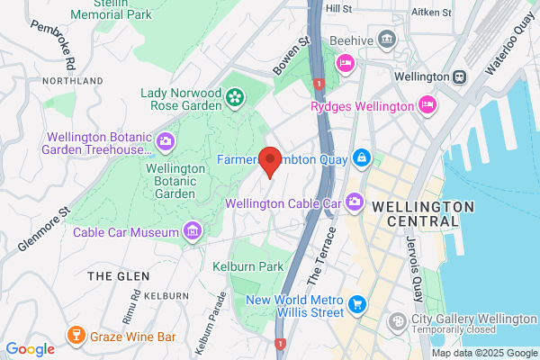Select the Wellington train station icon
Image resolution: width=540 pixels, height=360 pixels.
pyautogui.click(x=460, y=77)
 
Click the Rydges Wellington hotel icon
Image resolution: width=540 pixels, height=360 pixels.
pyautogui.click(x=429, y=105)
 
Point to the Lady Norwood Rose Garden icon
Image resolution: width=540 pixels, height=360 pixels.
pyautogui.click(x=235, y=95)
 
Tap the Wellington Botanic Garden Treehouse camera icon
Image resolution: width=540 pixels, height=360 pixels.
pyautogui.click(x=166, y=141)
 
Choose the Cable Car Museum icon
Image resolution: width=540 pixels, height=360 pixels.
pyautogui.click(x=191, y=232)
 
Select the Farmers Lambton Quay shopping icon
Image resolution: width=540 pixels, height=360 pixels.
pyautogui.click(x=361, y=158)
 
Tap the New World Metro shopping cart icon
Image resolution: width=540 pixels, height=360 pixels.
pyautogui.click(x=357, y=304)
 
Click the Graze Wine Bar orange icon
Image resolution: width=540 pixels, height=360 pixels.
pyautogui.click(x=76, y=337)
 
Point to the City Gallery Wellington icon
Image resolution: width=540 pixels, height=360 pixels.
pyautogui.click(x=397, y=321)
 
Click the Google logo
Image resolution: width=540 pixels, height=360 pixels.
pyautogui.click(x=31, y=348)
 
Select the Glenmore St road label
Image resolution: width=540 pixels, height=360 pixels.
pyautogui.click(x=42, y=229)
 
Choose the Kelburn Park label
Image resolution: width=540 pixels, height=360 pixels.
pyautogui.click(x=248, y=265)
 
